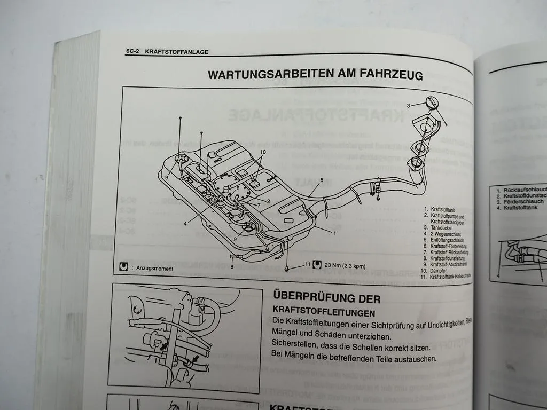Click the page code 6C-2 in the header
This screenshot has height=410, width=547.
pyautogui.click(x=132, y=52)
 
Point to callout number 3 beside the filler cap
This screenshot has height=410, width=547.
pyautogui.click(x=408, y=105)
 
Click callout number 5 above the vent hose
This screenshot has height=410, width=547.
pyautogui.click(x=322, y=180)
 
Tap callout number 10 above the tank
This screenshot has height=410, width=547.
pyautogui.click(x=263, y=152)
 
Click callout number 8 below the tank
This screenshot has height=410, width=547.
pyautogui.click(x=232, y=266)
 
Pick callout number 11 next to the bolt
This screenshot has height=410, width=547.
pyautogui.click(x=307, y=264)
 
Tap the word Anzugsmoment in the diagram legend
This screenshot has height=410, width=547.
pyautogui.click(x=155, y=269)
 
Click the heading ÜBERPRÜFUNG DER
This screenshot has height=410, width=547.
pyautogui.click(x=326, y=297)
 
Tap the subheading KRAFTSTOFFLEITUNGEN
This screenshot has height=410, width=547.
pyautogui.click(x=324, y=312)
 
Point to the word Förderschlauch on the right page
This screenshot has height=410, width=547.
pyautogui.click(x=523, y=202)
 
